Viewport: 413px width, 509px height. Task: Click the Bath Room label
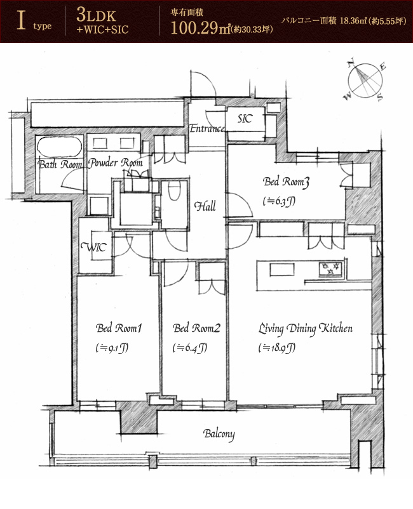[x=60, y=164]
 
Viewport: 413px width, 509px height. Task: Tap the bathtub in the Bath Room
[x=59, y=147]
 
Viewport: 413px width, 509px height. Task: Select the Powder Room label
[x=116, y=162]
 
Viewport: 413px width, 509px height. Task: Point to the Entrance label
[x=207, y=129]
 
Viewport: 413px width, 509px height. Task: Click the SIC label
[x=245, y=119]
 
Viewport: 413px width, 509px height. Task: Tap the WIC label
[x=94, y=248]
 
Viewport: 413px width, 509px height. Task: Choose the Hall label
[x=205, y=206]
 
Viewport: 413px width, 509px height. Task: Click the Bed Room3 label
[x=286, y=182]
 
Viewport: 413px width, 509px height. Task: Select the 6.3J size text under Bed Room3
[x=279, y=201]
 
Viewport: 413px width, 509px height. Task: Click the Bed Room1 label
[x=119, y=328]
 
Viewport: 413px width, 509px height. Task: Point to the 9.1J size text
[x=112, y=348]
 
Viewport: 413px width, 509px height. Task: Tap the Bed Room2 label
[x=196, y=328]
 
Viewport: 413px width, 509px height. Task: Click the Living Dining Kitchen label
[x=306, y=329]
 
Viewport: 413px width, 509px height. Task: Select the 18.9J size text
[x=277, y=348]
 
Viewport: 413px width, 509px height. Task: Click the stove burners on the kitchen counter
[x=330, y=269]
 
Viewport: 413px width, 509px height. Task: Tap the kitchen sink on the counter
[x=282, y=270]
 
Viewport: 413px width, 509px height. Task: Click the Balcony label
[x=219, y=434]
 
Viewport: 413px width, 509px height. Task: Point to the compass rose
[x=365, y=81]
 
